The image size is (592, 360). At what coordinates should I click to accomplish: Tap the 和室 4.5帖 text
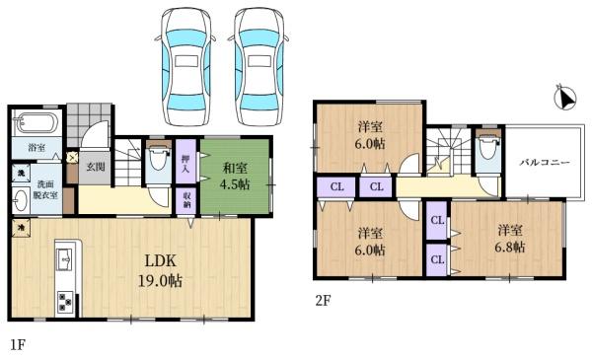click(235, 176)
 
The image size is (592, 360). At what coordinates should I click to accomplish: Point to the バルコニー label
click(541, 161)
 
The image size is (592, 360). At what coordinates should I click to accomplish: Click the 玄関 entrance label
click(95, 167)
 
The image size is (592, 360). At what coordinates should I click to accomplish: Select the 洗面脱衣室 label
click(46, 190)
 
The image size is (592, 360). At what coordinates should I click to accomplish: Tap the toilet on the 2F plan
click(484, 153)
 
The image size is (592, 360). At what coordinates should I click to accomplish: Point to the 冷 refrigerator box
click(21, 227)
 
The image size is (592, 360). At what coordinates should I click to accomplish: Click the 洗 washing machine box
click(20, 173)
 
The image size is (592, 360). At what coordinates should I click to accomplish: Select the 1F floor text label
click(17, 346)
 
